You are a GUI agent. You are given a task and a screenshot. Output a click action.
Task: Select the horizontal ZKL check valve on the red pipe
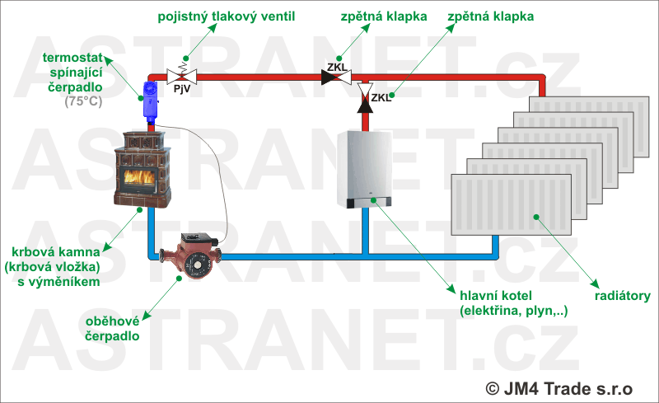click(x=335, y=77)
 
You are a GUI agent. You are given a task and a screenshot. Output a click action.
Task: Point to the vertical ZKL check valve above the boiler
click(x=366, y=99)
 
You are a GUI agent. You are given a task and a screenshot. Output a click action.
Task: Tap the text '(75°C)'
click(x=83, y=101)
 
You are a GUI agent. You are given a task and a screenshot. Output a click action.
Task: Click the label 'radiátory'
click(x=623, y=296)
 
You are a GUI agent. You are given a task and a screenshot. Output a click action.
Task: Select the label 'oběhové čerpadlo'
click(x=113, y=329)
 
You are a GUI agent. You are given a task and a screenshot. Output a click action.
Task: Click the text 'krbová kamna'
click(x=56, y=251)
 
